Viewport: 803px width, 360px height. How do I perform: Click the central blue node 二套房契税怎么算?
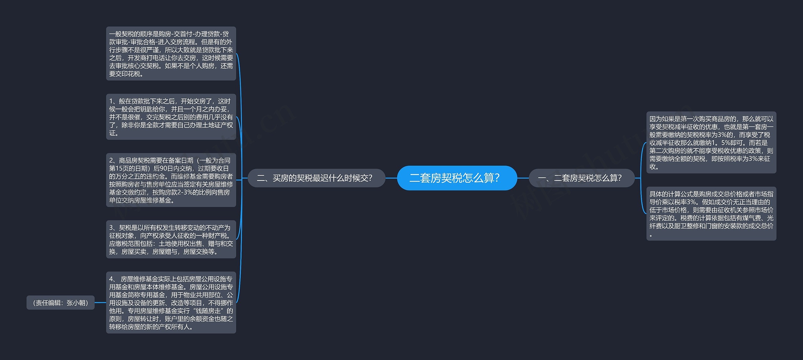coord(457,178)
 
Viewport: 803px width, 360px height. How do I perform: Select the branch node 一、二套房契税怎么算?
coord(582,178)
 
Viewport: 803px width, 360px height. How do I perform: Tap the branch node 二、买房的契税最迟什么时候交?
coord(316,178)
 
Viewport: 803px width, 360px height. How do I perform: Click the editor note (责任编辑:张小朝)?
coord(61,303)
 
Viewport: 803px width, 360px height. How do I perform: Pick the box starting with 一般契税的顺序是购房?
coord(171,54)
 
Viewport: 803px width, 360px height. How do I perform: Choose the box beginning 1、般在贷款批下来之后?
coord(171,117)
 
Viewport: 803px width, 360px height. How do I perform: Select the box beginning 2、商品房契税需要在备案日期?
coord(171,180)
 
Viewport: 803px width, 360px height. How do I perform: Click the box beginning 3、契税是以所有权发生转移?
coord(171,239)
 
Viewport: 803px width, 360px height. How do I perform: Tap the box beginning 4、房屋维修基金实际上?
coord(171,303)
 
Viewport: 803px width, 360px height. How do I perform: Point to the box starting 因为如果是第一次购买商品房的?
coord(711,142)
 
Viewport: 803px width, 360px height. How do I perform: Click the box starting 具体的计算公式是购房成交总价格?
coord(711,214)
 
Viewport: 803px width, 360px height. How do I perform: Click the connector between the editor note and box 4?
coord(100,303)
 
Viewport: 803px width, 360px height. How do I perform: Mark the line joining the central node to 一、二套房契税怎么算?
coord(523,178)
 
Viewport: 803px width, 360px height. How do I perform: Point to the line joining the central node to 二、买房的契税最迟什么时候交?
coord(391,178)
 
